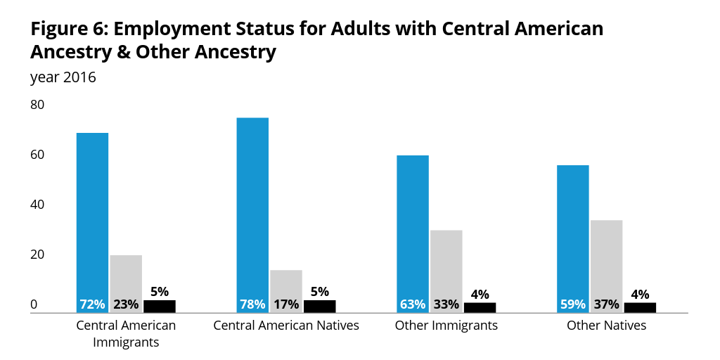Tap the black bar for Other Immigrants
click(480, 307)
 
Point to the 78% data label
click(252, 304)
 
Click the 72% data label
click(92, 304)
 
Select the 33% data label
click(446, 304)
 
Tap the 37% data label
click(606, 304)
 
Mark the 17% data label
click(286, 304)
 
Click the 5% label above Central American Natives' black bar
click(319, 292)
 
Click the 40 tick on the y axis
click(37, 205)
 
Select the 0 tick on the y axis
click(34, 305)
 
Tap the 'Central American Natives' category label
click(286, 326)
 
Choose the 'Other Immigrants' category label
click(446, 326)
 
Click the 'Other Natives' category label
click(606, 326)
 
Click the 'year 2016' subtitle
click(63, 77)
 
